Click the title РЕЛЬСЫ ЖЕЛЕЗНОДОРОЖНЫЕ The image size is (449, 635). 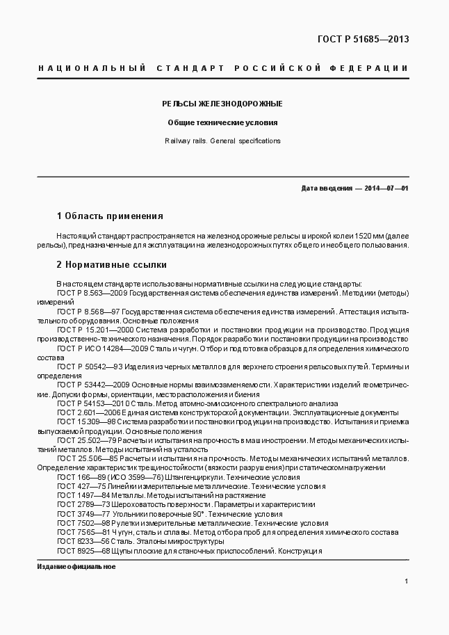(x=222, y=104)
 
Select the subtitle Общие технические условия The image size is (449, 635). (x=222, y=122)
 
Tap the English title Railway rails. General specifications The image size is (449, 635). (x=222, y=140)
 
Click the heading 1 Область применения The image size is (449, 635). (x=109, y=216)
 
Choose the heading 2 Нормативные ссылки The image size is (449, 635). (x=111, y=265)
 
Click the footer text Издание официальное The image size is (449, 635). (x=76, y=567)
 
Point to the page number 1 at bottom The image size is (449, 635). (x=406, y=581)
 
